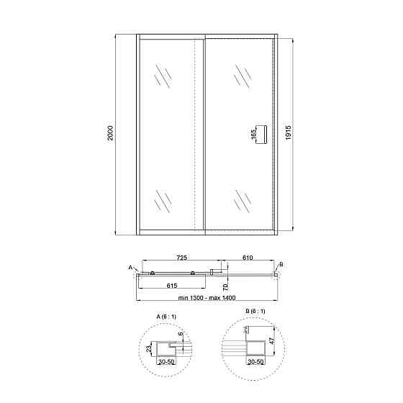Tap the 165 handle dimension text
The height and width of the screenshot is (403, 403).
coord(254,135)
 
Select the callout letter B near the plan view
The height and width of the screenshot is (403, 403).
coord(281,265)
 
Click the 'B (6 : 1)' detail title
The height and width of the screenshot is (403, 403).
coord(255,311)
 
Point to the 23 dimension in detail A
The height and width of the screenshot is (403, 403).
coord(148,350)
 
